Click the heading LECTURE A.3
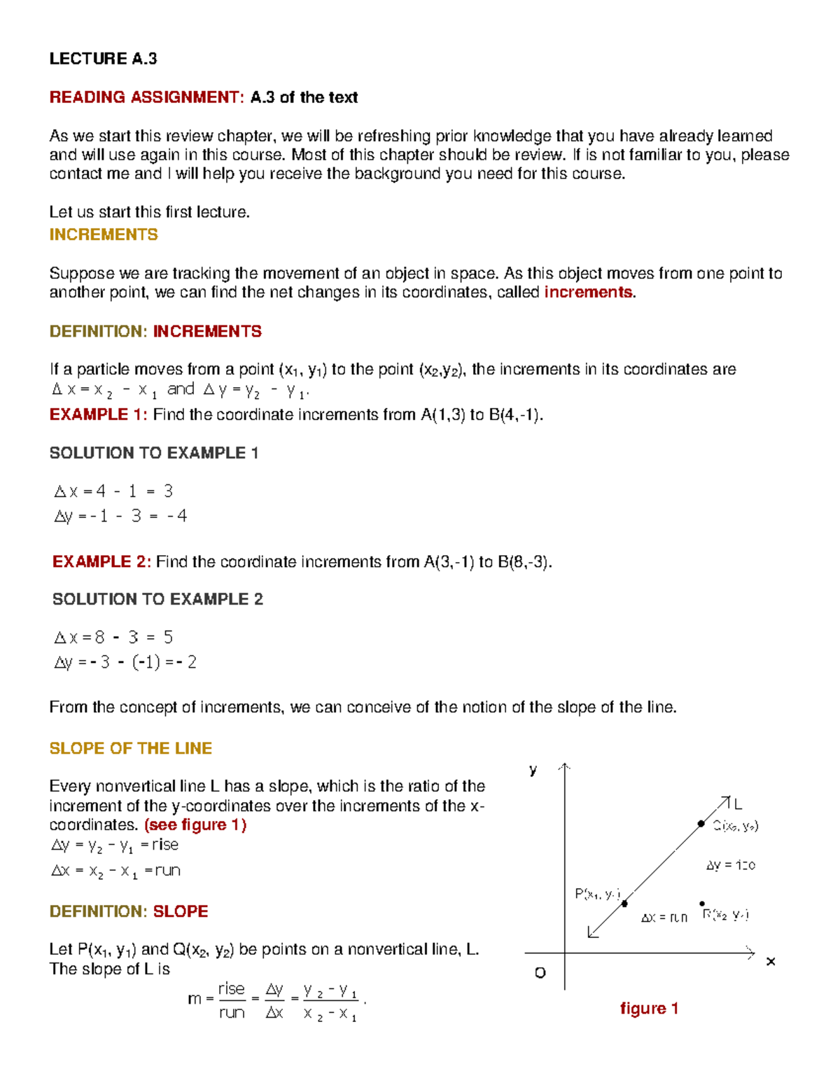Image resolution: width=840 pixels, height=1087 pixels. click(x=103, y=59)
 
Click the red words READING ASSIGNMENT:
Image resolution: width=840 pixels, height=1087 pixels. click(x=146, y=97)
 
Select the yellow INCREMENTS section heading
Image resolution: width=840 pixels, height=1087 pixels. click(x=104, y=234)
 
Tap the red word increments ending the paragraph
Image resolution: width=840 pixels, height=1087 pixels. click(x=588, y=293)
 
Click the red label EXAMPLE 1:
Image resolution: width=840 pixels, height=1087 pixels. click(x=98, y=415)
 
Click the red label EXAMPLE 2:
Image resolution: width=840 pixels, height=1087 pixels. click(x=101, y=562)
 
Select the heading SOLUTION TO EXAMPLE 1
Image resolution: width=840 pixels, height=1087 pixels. click(x=154, y=454)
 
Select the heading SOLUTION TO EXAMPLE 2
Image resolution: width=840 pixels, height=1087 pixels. click(x=157, y=600)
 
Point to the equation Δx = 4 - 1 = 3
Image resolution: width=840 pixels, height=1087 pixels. click(x=113, y=491)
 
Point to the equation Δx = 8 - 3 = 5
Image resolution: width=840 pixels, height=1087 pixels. click(x=113, y=638)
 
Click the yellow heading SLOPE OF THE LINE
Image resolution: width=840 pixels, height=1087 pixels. click(x=130, y=748)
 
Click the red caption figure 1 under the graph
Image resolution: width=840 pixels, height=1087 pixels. click(x=649, y=1009)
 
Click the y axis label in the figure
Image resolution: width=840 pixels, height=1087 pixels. click(x=533, y=771)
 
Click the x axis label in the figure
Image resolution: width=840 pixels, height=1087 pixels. click(x=771, y=962)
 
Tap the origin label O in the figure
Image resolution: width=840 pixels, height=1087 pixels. click(x=540, y=973)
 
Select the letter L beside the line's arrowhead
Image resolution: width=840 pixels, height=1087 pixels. click(x=738, y=805)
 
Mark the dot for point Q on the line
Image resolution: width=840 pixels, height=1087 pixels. click(x=701, y=824)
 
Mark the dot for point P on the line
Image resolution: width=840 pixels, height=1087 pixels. click(x=624, y=904)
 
